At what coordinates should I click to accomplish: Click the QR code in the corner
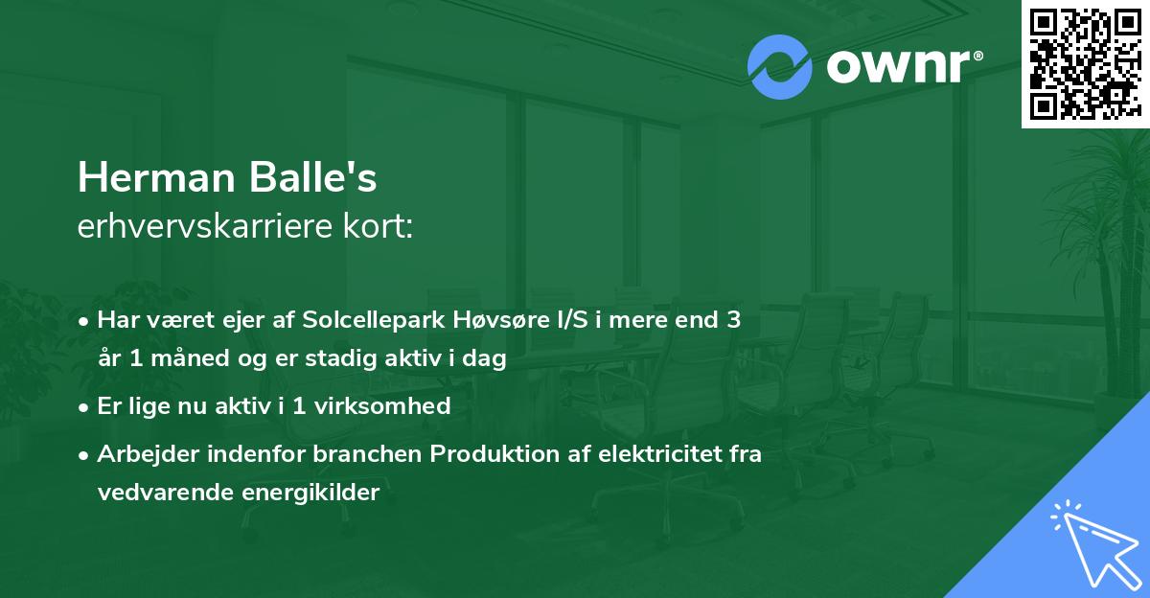(x=1085, y=64)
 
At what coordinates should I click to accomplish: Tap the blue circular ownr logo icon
(x=780, y=67)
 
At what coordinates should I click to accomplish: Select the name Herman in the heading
(x=152, y=178)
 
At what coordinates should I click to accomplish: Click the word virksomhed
(x=392, y=405)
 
